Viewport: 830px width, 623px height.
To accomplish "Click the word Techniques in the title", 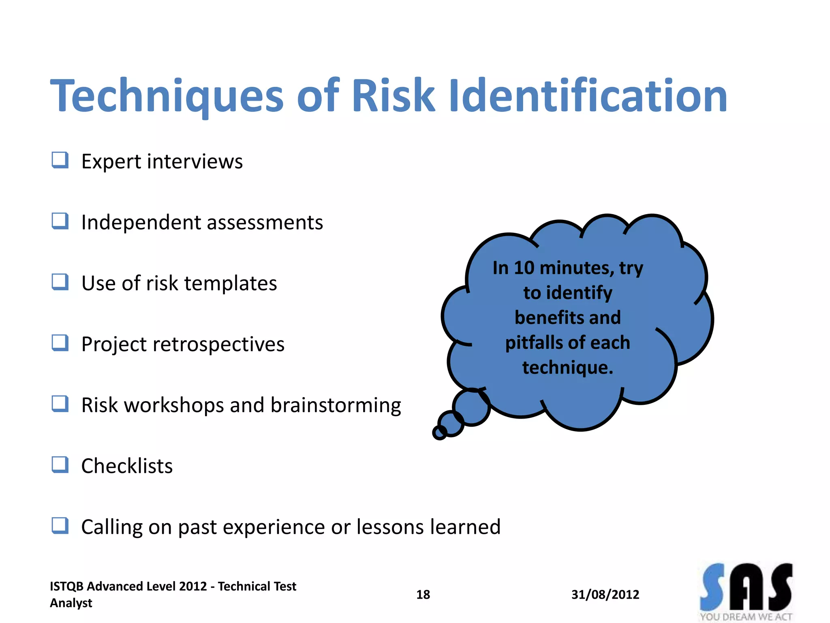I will (x=167, y=96).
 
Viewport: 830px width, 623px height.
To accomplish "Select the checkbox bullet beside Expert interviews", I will (x=60, y=160).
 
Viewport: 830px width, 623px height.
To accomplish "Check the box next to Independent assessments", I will (x=60, y=221).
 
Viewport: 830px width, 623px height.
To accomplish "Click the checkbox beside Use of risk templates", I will (x=60, y=282).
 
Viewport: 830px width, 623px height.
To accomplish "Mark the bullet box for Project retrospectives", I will (x=60, y=343).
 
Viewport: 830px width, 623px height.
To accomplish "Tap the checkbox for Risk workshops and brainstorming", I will (x=60, y=404).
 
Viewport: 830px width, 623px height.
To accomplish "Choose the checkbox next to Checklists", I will (x=60, y=465).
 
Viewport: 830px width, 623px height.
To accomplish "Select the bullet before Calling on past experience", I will (x=60, y=526).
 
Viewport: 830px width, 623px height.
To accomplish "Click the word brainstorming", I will (x=336, y=406).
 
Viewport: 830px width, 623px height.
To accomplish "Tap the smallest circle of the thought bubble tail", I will (x=439, y=433).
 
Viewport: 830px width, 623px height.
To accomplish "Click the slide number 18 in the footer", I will (x=423, y=595).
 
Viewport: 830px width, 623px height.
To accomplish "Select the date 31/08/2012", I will (x=605, y=595).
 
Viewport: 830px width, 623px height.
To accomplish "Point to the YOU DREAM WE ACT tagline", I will (x=746, y=617).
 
